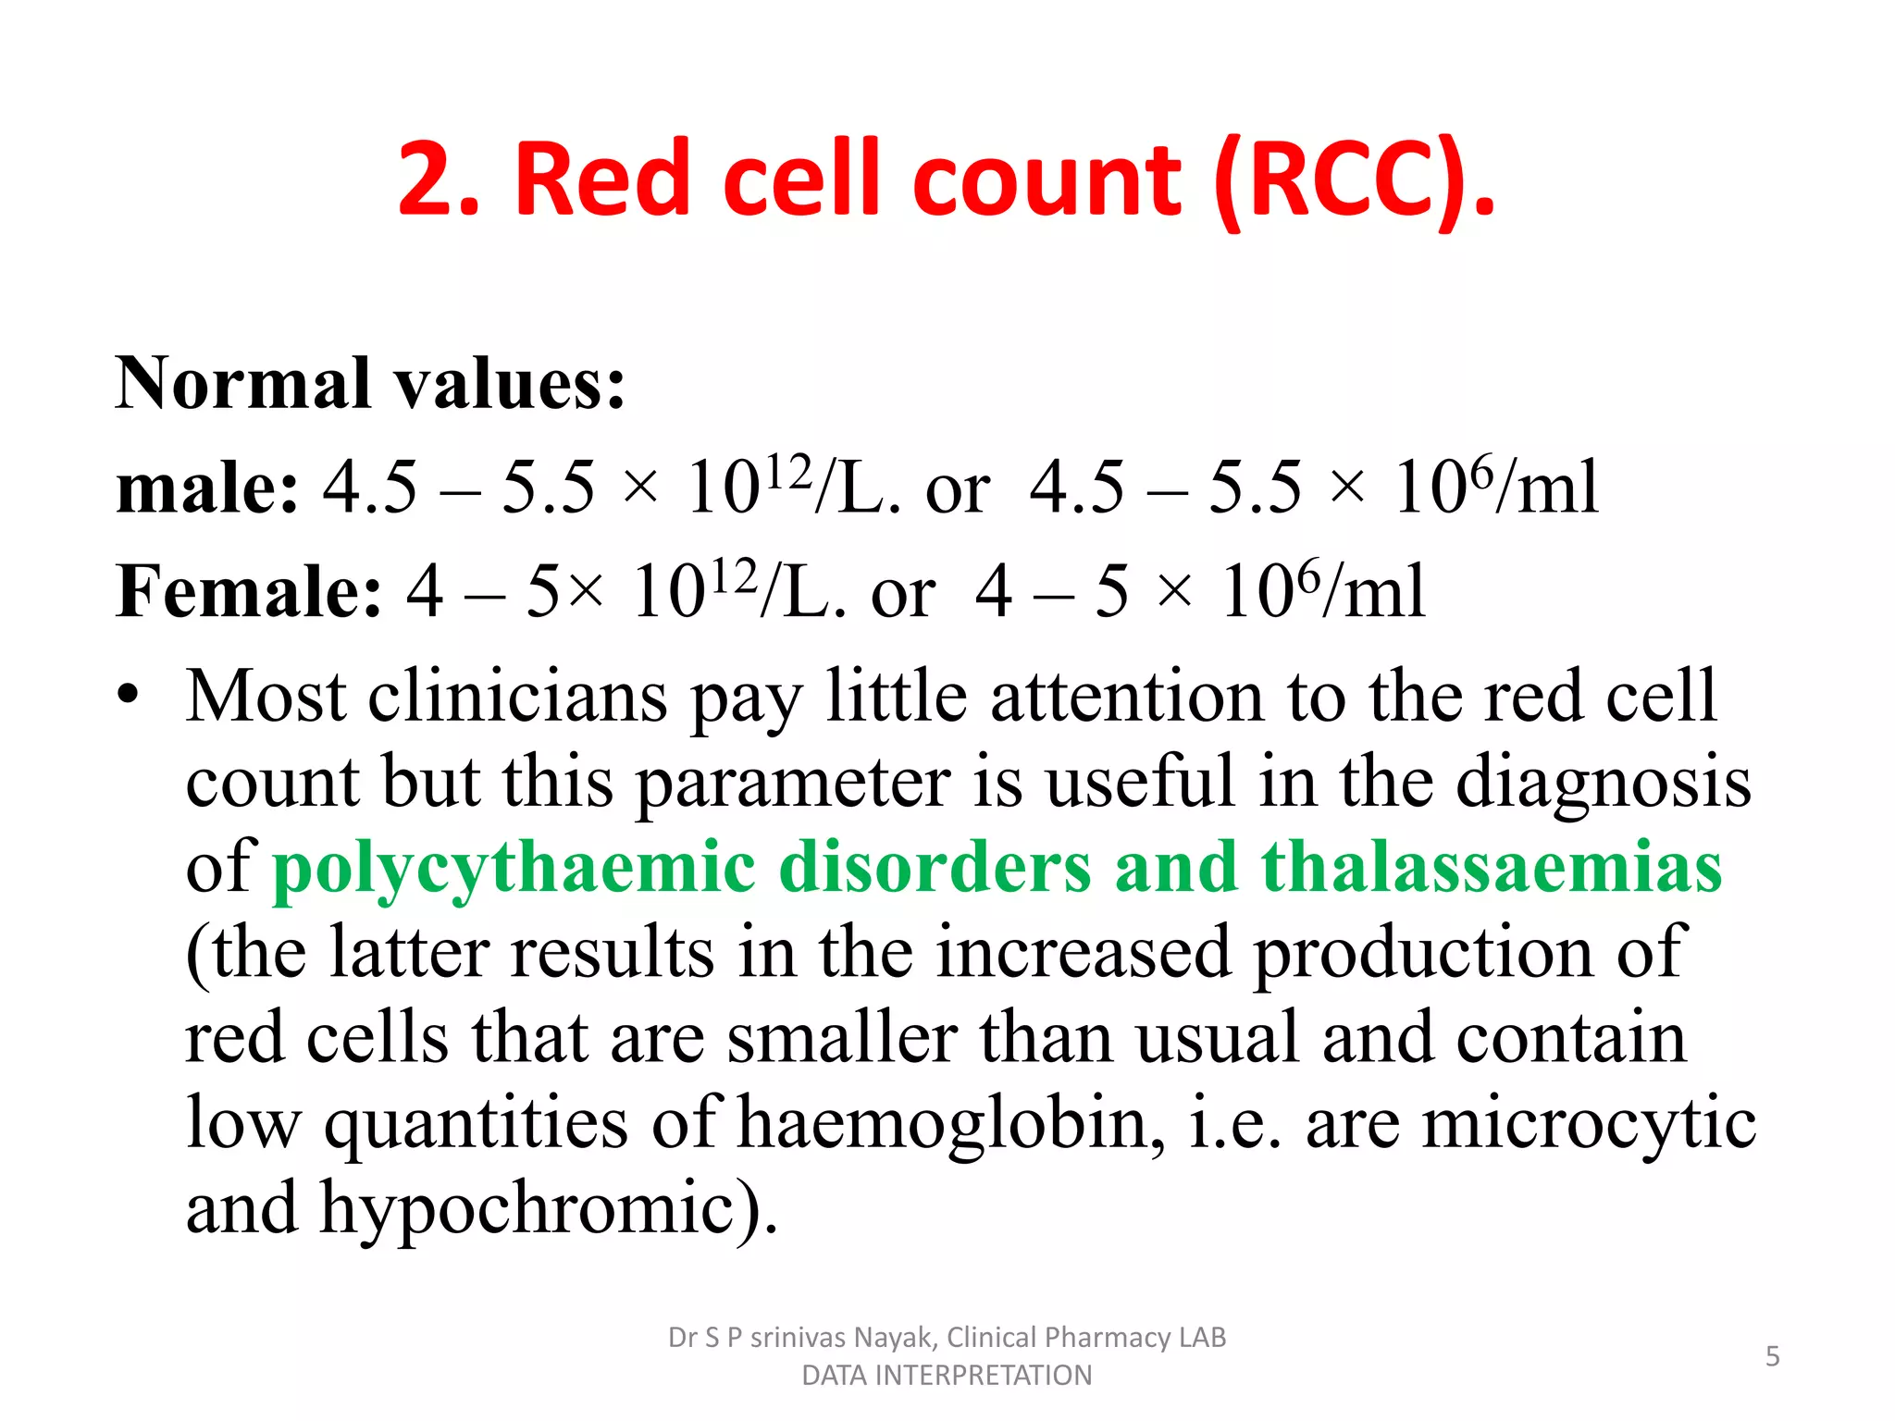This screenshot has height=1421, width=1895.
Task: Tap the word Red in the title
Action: click(x=601, y=180)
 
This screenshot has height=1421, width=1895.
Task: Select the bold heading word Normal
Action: click(x=243, y=383)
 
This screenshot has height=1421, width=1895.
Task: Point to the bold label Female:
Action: click(x=248, y=591)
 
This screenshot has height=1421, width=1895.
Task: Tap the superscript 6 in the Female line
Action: click(x=1307, y=576)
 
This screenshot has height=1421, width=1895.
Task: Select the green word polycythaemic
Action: click(x=514, y=867)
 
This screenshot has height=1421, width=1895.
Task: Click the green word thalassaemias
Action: click(x=1492, y=867)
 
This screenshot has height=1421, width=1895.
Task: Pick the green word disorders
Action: click(x=935, y=867)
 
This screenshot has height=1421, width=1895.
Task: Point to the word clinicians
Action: click(x=517, y=696)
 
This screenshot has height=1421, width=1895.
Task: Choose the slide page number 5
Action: click(x=1772, y=1356)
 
